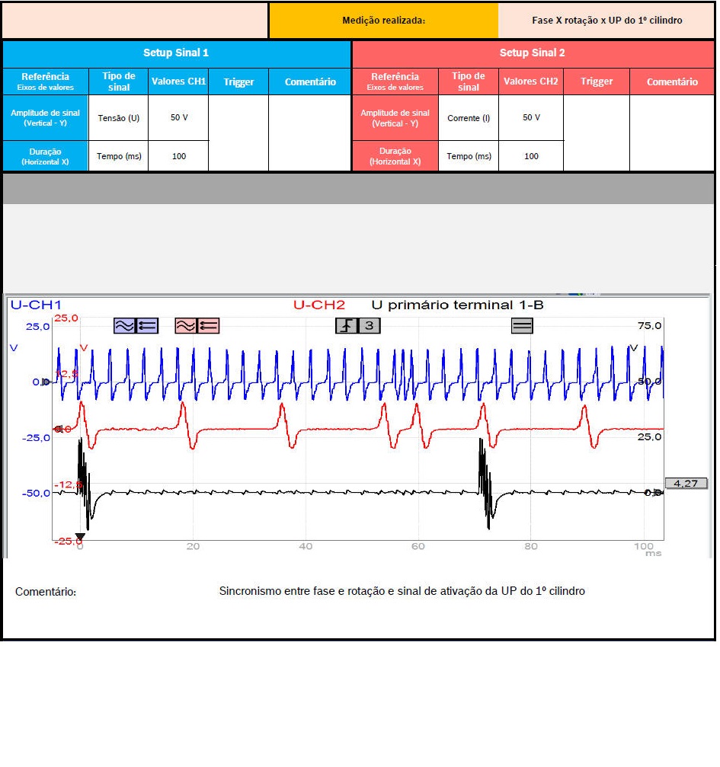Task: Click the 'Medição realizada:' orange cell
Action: [383, 21]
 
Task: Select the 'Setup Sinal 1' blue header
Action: [176, 53]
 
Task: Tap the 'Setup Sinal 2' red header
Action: [532, 53]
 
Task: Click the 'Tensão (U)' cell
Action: [118, 118]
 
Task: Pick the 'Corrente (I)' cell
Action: [469, 118]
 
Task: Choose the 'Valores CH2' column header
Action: [531, 81]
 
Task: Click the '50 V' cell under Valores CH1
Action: [179, 118]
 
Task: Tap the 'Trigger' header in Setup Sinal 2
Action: [597, 81]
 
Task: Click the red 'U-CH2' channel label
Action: [318, 305]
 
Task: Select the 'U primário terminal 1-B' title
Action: [457, 305]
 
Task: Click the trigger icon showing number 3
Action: [358, 326]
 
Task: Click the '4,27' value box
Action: [686, 483]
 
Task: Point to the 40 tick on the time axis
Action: [306, 547]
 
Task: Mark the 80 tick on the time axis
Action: [531, 547]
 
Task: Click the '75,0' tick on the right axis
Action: [649, 326]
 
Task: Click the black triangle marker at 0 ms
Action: [80, 537]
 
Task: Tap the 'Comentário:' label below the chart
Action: [46, 592]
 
